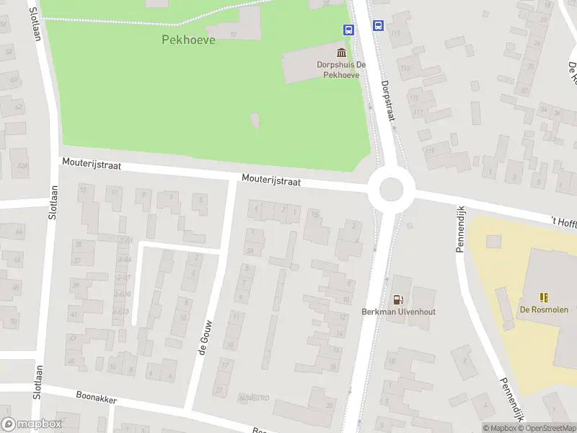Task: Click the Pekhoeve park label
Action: click(x=188, y=40)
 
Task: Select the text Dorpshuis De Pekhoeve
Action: click(x=341, y=69)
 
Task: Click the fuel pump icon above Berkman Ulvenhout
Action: click(x=397, y=299)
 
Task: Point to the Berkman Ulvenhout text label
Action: click(x=398, y=312)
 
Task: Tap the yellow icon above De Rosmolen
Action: click(x=543, y=297)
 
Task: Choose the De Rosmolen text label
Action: click(x=544, y=310)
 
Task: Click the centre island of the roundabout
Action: click(x=391, y=190)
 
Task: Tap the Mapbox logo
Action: click(x=32, y=424)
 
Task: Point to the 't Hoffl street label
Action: click(x=563, y=222)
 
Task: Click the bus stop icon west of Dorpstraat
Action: click(x=348, y=30)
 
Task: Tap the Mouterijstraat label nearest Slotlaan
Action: click(x=91, y=165)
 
